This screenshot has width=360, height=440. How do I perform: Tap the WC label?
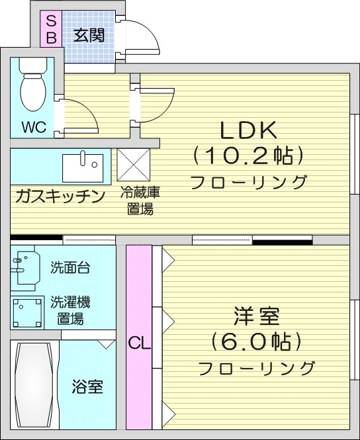(x=34, y=127)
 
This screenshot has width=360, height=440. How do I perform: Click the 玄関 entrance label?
(x=88, y=35)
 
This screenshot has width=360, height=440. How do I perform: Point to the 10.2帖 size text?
(x=248, y=155)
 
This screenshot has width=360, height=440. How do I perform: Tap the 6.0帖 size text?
(x=257, y=342)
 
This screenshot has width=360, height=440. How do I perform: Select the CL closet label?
(x=139, y=343)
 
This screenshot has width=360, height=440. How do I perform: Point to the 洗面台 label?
(x=71, y=268)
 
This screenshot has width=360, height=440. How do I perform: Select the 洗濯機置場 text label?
(x=71, y=310)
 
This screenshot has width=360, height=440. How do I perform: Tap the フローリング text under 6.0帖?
(x=256, y=368)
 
